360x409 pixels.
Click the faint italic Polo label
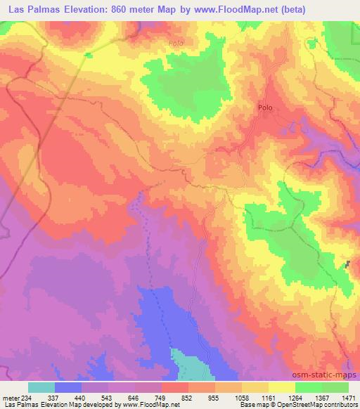(x=176, y=43)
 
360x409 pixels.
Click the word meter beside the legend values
(x=10, y=397)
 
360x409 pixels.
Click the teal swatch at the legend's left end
(x=41, y=387)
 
